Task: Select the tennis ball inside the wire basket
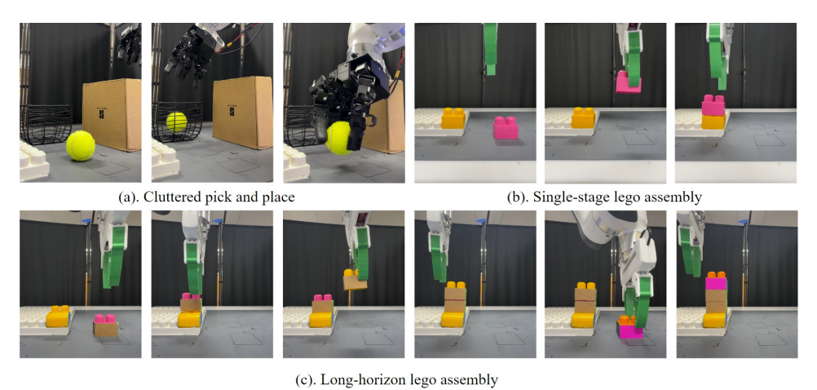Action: pyautogui.click(x=177, y=122)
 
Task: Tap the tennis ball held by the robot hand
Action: pyautogui.click(x=340, y=137)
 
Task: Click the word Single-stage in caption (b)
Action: pyautogui.click(x=565, y=197)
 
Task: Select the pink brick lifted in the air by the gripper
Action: pyautogui.click(x=628, y=82)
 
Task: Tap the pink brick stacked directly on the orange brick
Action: pyautogui.click(x=713, y=105)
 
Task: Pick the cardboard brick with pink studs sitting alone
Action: pyautogui.click(x=105, y=326)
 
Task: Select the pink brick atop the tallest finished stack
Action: pyautogui.click(x=717, y=283)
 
